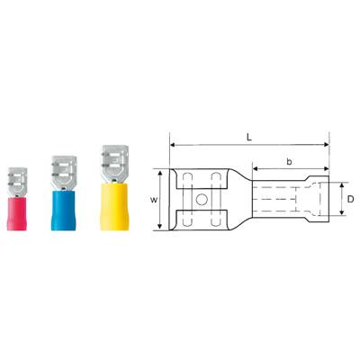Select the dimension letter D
pos(350,198)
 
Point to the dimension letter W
pos(152,200)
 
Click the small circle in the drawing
pos(202,199)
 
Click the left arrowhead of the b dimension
pos(253,168)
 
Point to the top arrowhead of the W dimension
pos(160,170)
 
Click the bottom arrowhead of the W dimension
pos(160,229)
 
